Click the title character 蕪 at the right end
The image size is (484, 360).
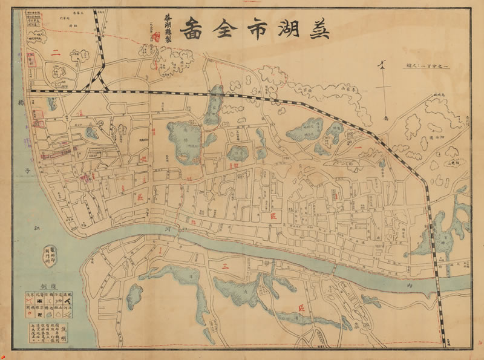(318, 28)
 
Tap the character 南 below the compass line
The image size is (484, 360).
(383, 119)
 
